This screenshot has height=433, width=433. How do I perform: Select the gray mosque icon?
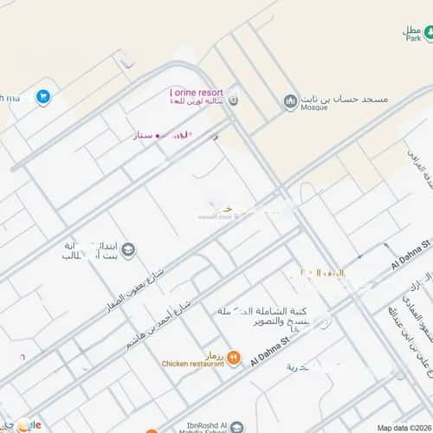pyautogui.click(x=289, y=104)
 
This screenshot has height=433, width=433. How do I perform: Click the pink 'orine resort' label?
pyautogui.click(x=197, y=92)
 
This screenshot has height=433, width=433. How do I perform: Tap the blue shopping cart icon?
pyautogui.click(x=42, y=97)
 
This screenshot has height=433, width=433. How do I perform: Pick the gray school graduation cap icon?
pyautogui.click(x=128, y=251)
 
